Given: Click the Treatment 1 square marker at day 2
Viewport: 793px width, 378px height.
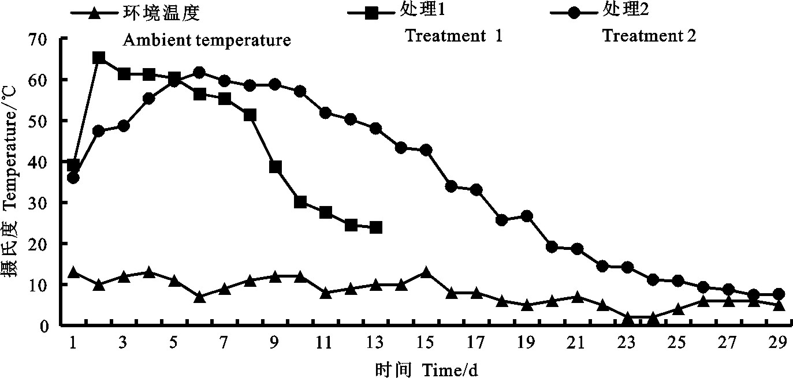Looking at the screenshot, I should pyautogui.click(x=99, y=58).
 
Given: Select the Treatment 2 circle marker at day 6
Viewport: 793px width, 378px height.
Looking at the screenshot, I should pyautogui.click(x=199, y=72).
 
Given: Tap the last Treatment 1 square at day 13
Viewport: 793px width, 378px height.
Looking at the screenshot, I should pyautogui.click(x=376, y=227).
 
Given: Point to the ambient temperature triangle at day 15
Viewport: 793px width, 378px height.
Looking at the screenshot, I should pyautogui.click(x=426, y=272).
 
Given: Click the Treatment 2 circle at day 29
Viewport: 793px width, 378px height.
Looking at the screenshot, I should pyautogui.click(x=779, y=294).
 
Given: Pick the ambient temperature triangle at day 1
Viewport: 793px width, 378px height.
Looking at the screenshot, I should pyautogui.click(x=73, y=272).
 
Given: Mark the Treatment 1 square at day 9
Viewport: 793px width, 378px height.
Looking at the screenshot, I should pyautogui.click(x=275, y=167).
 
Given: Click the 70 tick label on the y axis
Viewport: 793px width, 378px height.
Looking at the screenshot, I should pyautogui.click(x=46, y=39).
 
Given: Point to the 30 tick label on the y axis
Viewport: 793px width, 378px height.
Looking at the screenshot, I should pyautogui.click(x=46, y=203).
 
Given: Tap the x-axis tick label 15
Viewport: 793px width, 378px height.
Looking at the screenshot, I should pyautogui.click(x=426, y=343).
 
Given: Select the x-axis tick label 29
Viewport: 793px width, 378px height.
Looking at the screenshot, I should pyautogui.click(x=778, y=343).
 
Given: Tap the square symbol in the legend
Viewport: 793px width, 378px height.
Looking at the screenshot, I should pyautogui.click(x=372, y=12).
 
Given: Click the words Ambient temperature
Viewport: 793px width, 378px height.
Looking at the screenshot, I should pyautogui.click(x=206, y=41).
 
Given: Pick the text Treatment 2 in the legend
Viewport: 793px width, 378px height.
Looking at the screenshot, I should pyautogui.click(x=649, y=36).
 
